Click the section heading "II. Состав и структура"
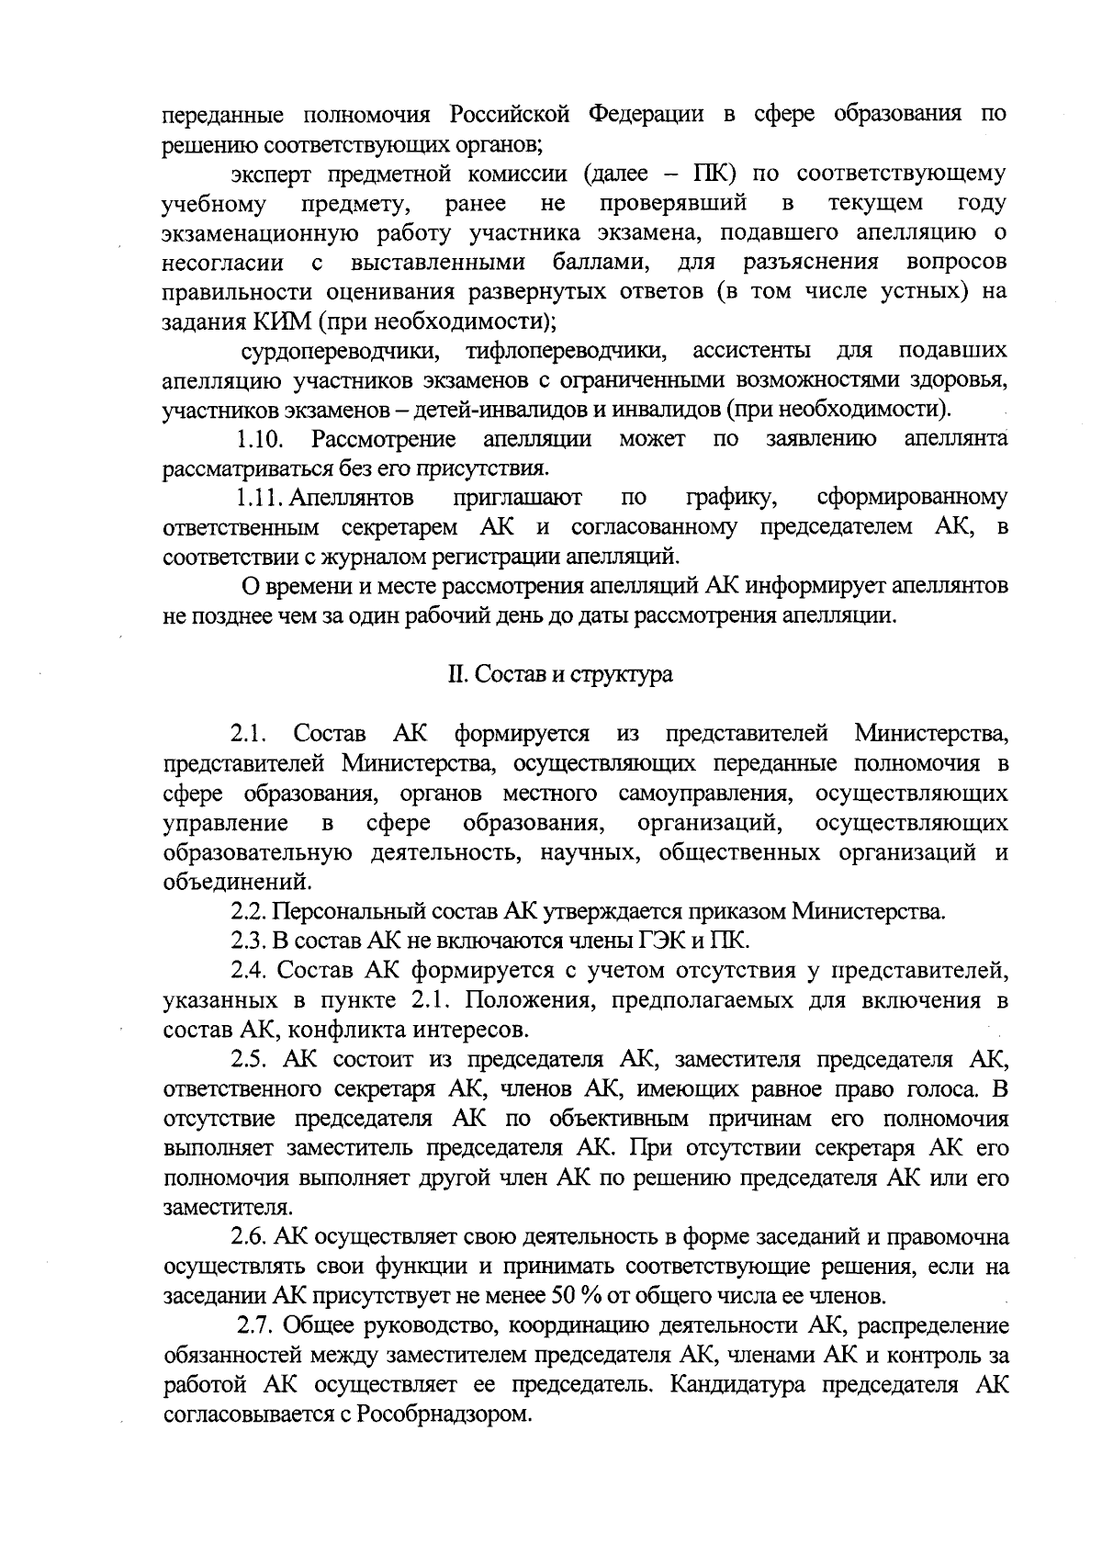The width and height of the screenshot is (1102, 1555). [x=559, y=674]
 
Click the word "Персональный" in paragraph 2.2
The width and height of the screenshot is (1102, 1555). [x=339, y=912]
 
